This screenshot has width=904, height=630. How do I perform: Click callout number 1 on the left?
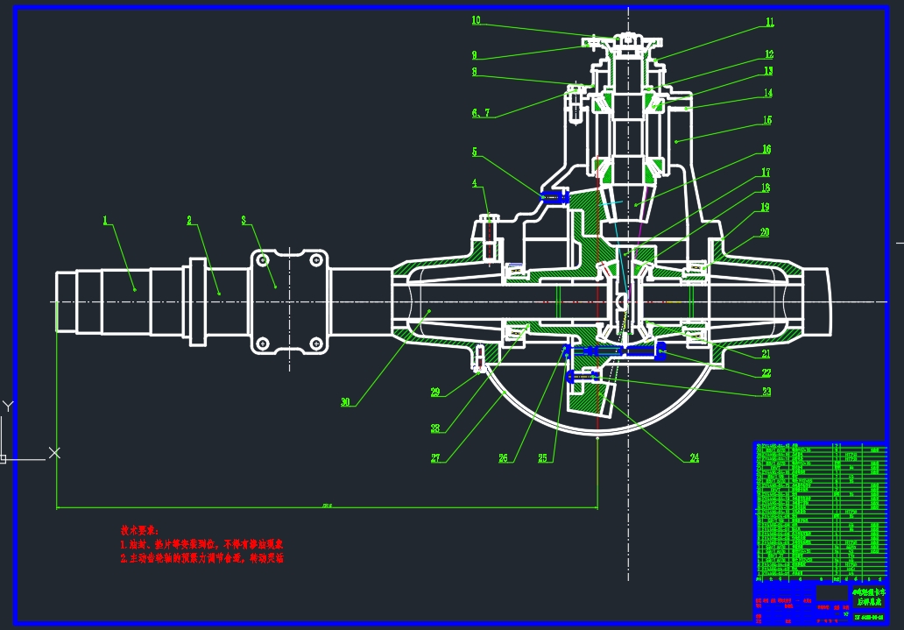pos(105,221)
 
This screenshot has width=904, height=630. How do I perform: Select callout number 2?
pos(189,221)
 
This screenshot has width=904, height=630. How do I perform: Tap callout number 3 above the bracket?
pos(244,221)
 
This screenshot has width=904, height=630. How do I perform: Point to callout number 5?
pos(475,152)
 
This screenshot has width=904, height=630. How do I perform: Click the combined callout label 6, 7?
pos(481,113)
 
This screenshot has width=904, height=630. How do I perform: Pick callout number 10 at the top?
pos(476,19)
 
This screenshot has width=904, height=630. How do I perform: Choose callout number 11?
pos(770,23)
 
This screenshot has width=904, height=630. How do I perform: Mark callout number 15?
pos(767,121)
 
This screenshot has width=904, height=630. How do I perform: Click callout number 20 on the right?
pos(765,233)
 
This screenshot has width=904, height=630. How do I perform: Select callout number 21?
pos(765,354)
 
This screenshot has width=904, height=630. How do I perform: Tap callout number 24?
pos(695,457)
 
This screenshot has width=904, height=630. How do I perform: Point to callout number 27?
pos(435,457)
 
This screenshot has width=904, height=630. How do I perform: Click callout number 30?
pos(346,402)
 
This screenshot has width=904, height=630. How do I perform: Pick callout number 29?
pos(435,393)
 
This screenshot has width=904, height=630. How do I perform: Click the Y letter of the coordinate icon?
pos(8,407)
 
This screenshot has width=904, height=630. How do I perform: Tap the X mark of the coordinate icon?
pos(54,452)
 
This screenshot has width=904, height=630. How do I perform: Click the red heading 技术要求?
pos(140,531)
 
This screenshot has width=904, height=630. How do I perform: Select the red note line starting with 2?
pos(202,558)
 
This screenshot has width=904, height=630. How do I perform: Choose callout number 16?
pos(766,150)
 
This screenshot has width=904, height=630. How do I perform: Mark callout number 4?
pos(475,184)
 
